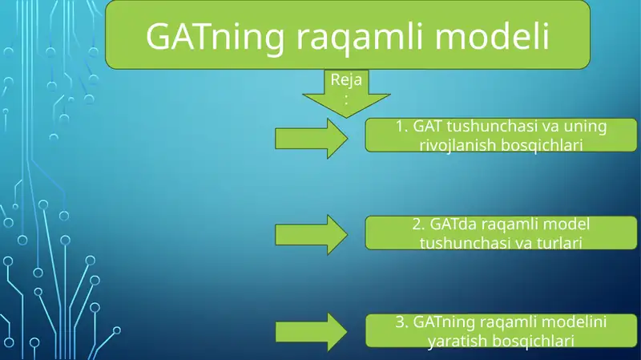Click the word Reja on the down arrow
click(x=345, y=80)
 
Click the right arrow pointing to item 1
click(x=312, y=138)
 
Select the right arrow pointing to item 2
click(x=312, y=234)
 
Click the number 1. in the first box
click(x=402, y=127)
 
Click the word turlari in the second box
click(x=552, y=242)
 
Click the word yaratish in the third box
click(x=458, y=341)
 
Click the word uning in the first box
click(x=585, y=127)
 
